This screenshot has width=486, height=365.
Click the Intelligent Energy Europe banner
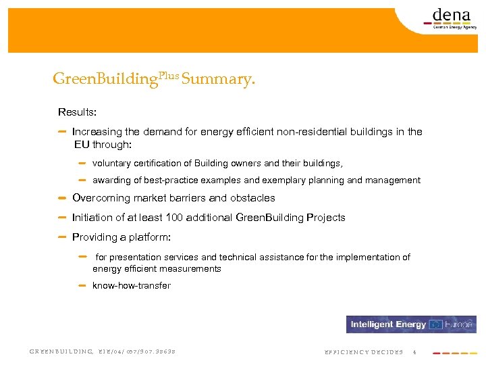[x=411, y=324]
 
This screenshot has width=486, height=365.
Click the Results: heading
[x=77, y=112]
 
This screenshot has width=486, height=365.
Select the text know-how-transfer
[x=132, y=286]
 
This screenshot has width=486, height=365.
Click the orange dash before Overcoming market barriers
[x=62, y=198]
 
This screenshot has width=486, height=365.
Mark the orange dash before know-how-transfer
[x=82, y=285]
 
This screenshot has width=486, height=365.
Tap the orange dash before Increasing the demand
[x=62, y=132]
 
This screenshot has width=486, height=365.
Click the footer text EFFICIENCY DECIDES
[x=364, y=352]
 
